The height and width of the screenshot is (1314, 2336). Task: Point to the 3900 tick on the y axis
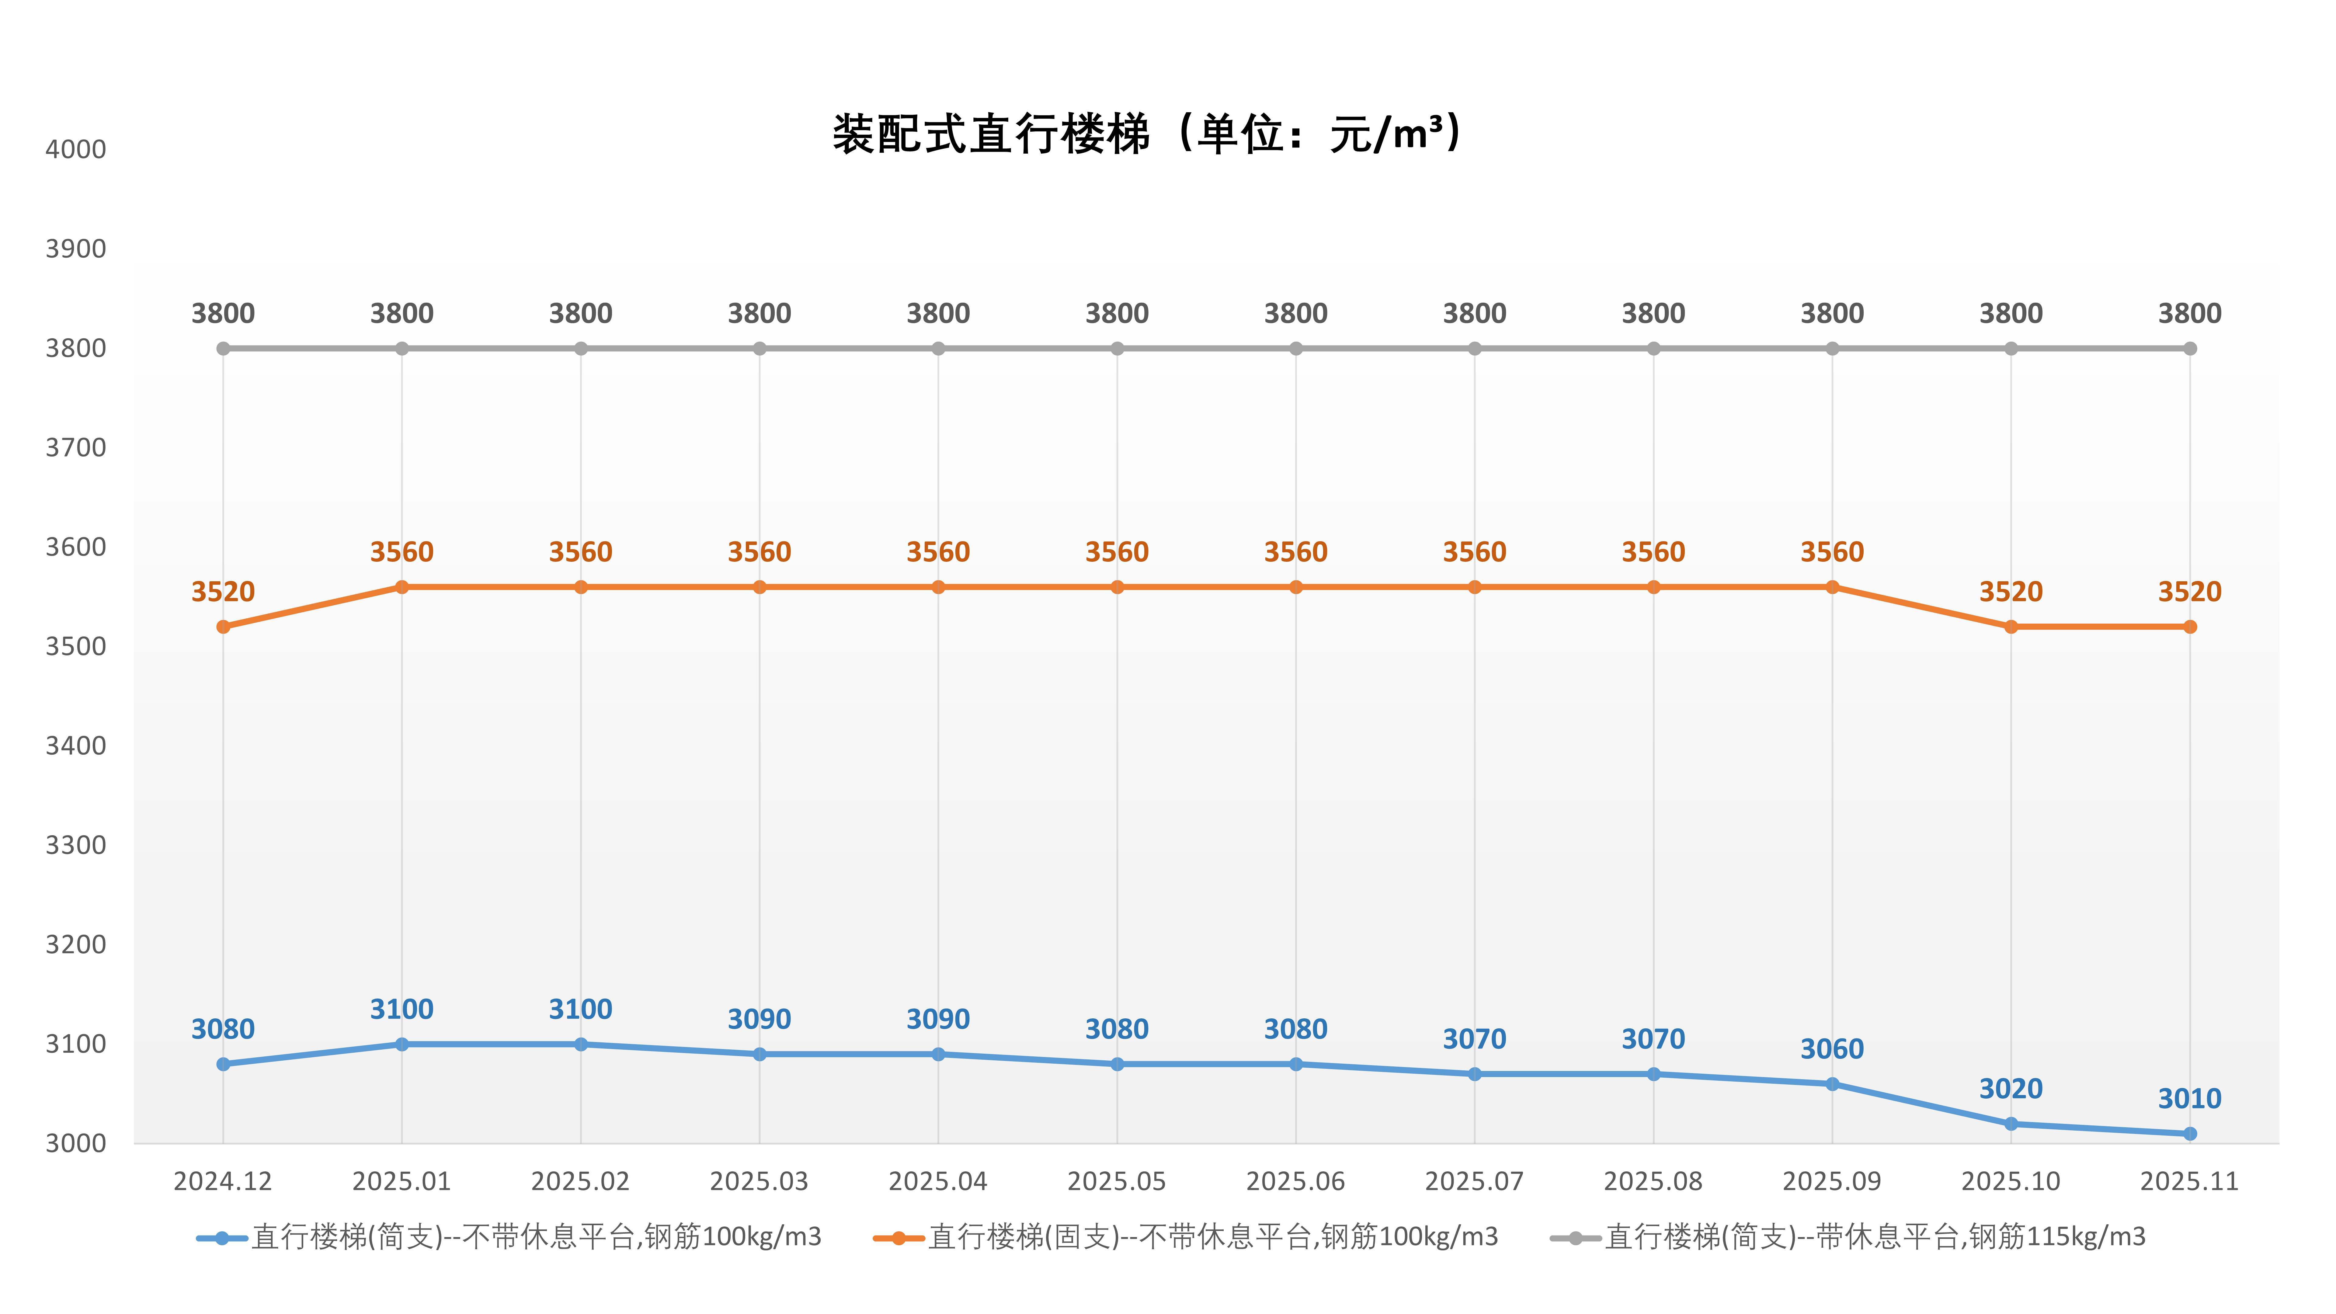pyautogui.click(x=75, y=249)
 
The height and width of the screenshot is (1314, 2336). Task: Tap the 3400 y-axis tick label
pyautogui.click(x=75, y=746)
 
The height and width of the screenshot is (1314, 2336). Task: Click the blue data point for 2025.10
pyautogui.click(x=2011, y=1124)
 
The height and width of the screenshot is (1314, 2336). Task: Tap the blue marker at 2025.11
pyautogui.click(x=2189, y=1134)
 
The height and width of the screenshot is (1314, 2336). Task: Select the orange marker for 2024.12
pyautogui.click(x=223, y=627)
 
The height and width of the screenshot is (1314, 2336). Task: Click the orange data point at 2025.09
pyautogui.click(x=1832, y=587)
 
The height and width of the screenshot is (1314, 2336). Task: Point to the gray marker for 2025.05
pyautogui.click(x=1117, y=348)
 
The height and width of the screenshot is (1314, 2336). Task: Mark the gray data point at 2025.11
pyautogui.click(x=2189, y=348)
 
